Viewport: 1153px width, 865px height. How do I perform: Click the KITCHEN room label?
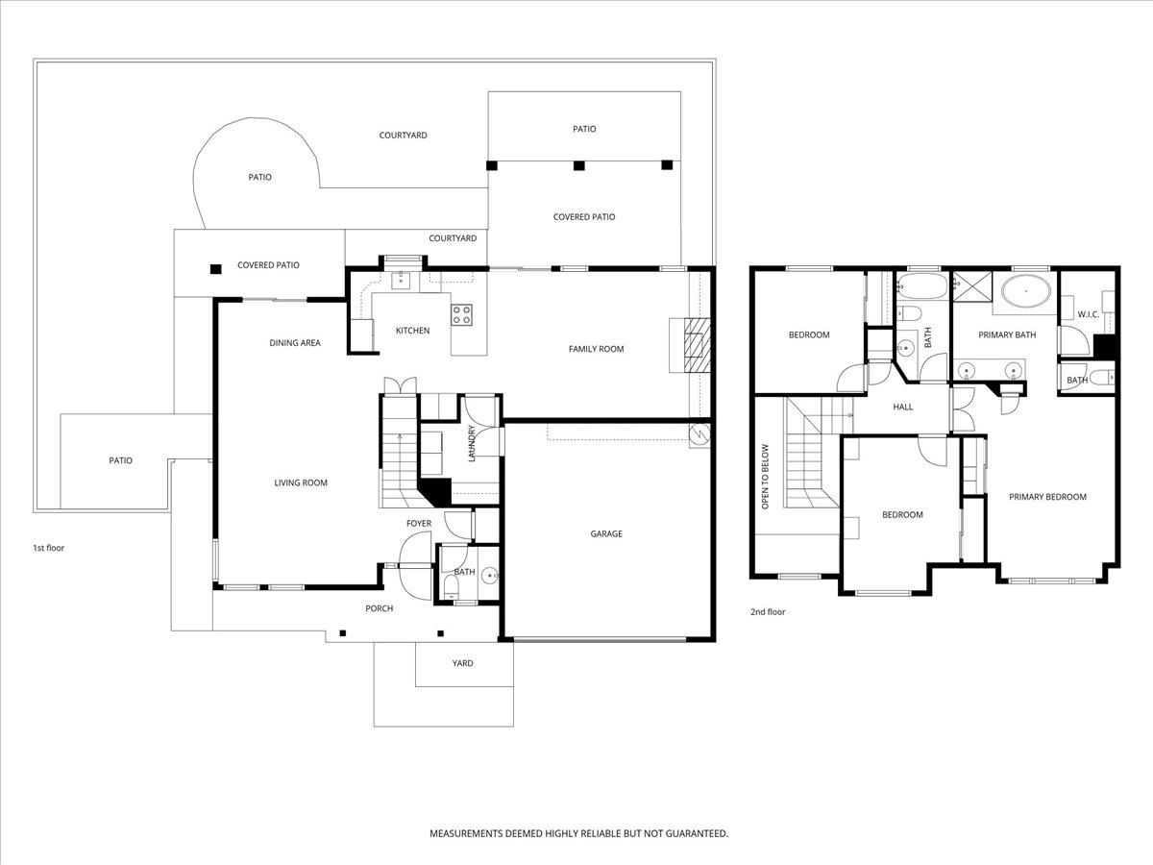[x=412, y=331]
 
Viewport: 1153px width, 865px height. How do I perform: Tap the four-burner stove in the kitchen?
[x=461, y=314]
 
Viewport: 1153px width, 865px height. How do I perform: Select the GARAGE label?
[x=606, y=533]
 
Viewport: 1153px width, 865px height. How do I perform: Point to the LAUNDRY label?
[x=471, y=443]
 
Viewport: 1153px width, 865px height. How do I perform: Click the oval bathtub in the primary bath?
[x=1026, y=291]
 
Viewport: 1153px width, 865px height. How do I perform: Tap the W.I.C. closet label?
[x=1089, y=314]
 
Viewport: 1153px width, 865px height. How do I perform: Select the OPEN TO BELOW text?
[x=765, y=477]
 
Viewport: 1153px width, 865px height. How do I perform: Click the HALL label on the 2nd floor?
[x=903, y=407]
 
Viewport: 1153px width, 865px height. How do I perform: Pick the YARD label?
[x=463, y=663]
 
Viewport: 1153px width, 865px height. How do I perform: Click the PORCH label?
[x=380, y=608]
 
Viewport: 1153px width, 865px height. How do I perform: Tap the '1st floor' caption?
[x=48, y=548]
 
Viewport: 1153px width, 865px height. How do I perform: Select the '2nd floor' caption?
[x=768, y=612]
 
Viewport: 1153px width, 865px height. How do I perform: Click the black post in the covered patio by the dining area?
[x=215, y=269]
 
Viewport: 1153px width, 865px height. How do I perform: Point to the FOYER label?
[x=419, y=524]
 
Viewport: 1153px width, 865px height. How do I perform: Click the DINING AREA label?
[x=295, y=343]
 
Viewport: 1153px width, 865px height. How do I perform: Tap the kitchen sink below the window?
[x=401, y=280]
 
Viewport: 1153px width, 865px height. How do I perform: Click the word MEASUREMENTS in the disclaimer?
[x=466, y=833]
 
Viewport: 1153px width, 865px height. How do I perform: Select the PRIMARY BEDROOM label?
[x=1047, y=497]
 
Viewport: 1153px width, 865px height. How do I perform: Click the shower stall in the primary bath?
[x=972, y=286]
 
